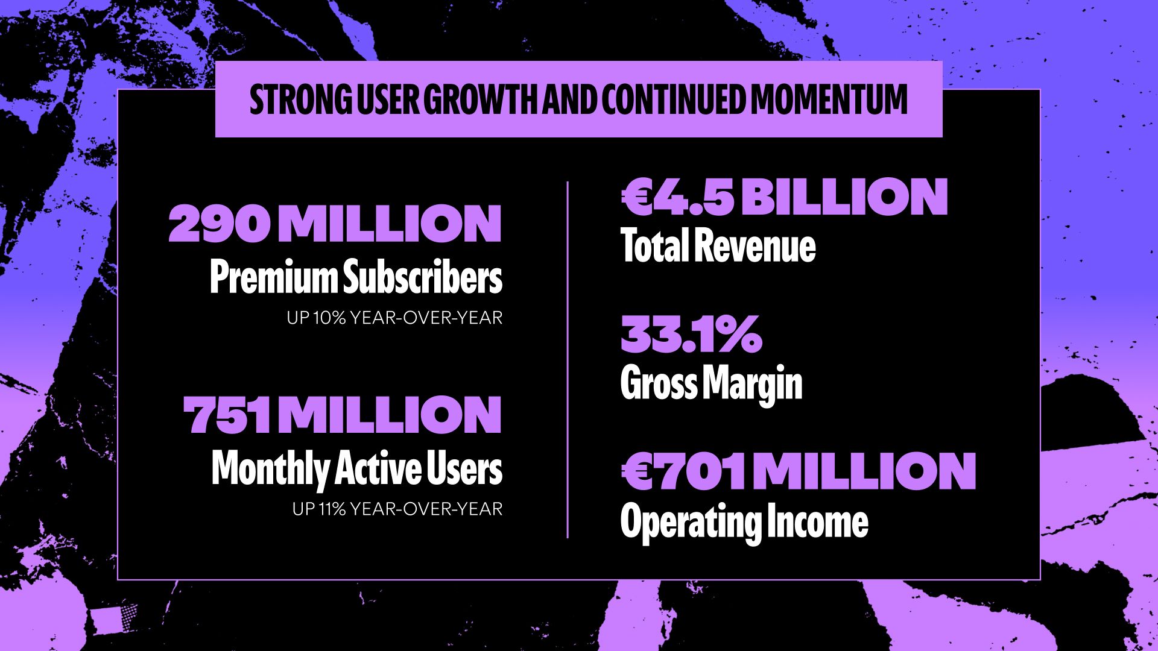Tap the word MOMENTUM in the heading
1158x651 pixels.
click(829, 99)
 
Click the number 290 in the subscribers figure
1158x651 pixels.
click(218, 224)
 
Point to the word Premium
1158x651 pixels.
click(274, 278)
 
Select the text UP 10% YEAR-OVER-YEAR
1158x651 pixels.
click(394, 318)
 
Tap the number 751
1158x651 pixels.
click(227, 415)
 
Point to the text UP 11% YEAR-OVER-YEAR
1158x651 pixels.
click(397, 509)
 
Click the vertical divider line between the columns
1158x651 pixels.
click(568, 359)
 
